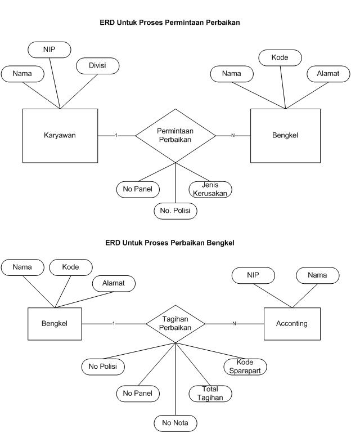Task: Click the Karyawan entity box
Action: pyautogui.click(x=60, y=135)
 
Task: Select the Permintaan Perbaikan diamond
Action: pyautogui.click(x=175, y=135)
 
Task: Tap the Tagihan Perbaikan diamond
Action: pyautogui.click(x=175, y=323)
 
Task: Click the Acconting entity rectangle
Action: pyautogui.click(x=291, y=324)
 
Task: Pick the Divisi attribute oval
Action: pyautogui.click(x=97, y=65)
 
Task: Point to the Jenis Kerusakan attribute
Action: pyautogui.click(x=211, y=189)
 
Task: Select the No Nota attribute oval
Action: pyautogui.click(x=175, y=422)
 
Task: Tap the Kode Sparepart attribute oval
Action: pyautogui.click(x=245, y=366)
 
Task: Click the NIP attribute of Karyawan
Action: pyautogui.click(x=49, y=49)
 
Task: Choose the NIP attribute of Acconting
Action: pyautogui.click(x=253, y=275)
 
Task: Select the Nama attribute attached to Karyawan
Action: pyautogui.click(x=22, y=73)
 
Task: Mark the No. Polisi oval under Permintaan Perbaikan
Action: pyautogui.click(x=175, y=211)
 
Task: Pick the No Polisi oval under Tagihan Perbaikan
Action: pyautogui.click(x=103, y=366)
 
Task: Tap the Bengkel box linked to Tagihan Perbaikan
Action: pyautogui.click(x=54, y=324)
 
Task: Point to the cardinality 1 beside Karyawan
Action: pyautogui.click(x=116, y=135)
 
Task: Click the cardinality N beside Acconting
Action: pyautogui.click(x=234, y=323)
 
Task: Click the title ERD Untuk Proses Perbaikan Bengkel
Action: pyautogui.click(x=169, y=243)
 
